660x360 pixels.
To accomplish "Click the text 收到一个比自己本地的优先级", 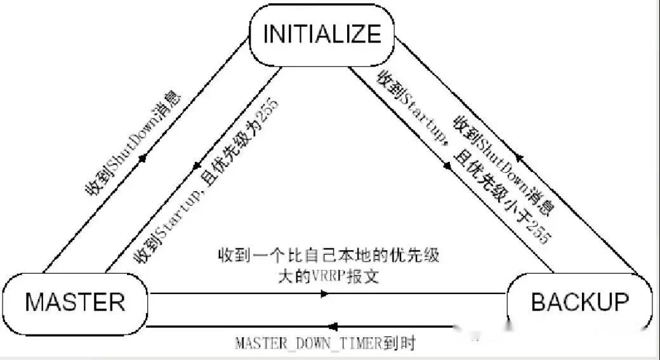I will [x=328, y=258].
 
